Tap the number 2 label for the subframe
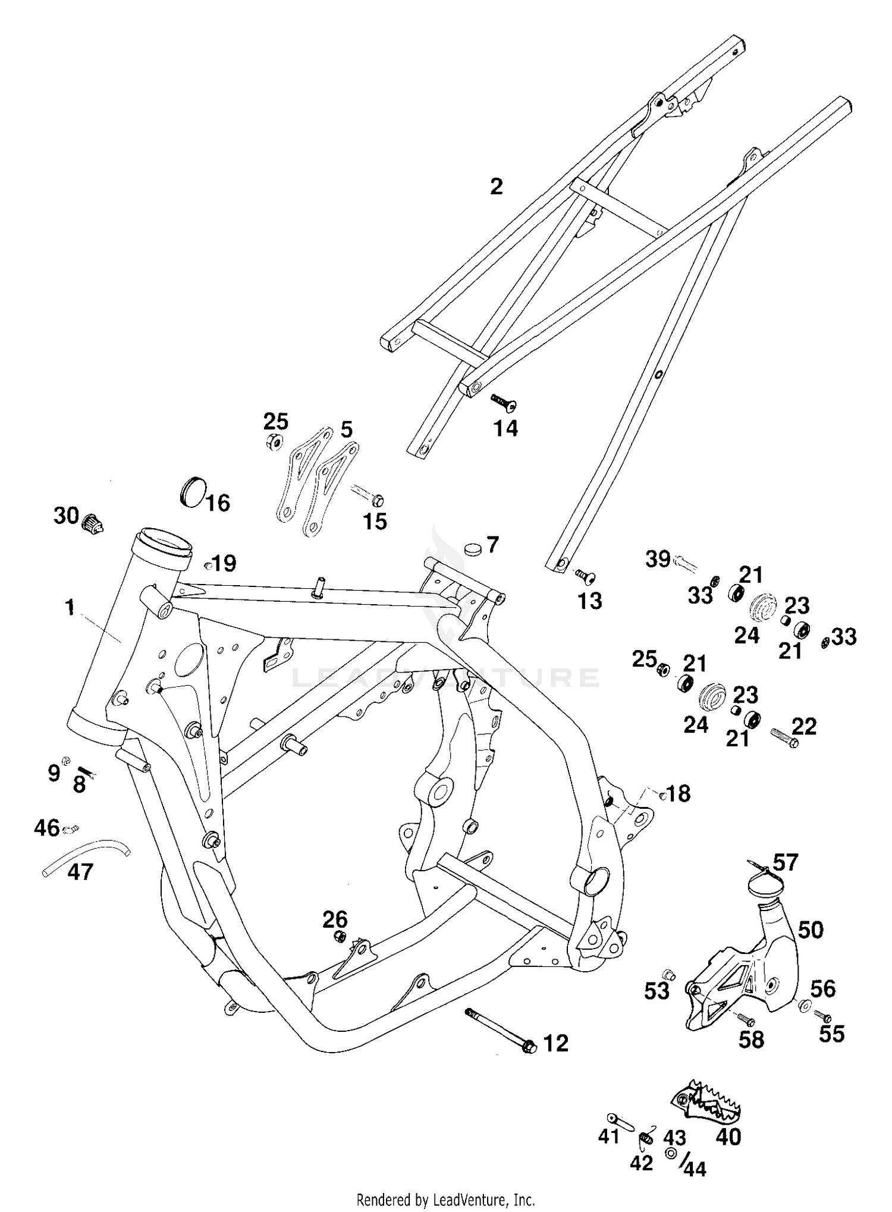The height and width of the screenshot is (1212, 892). click(496, 187)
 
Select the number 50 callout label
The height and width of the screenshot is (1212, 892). click(811, 930)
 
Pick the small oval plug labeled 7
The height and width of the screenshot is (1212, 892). click(473, 549)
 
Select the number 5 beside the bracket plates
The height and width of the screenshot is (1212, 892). click(346, 429)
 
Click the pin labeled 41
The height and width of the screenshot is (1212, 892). click(621, 1121)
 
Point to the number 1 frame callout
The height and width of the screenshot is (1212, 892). click(70, 607)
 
